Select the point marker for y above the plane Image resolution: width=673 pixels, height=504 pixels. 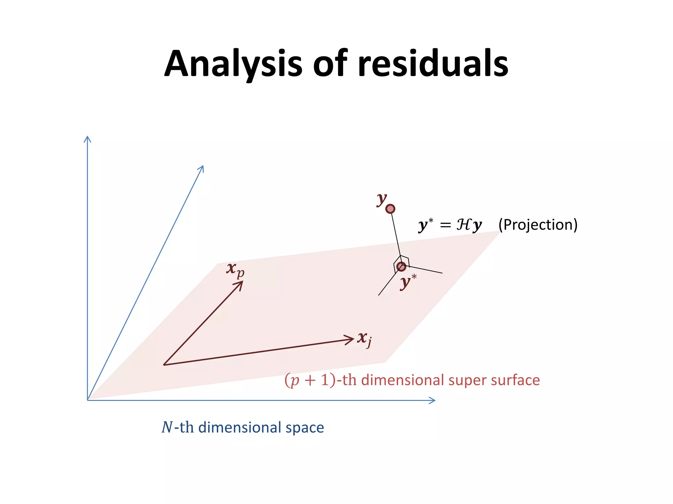(390, 209)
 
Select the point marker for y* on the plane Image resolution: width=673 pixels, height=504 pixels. (401, 266)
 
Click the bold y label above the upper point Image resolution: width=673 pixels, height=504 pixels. (382, 199)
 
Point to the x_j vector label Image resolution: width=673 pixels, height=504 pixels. (364, 339)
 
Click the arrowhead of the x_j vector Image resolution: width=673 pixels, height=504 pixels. (351, 339)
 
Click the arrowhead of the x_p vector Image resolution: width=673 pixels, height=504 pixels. (240, 284)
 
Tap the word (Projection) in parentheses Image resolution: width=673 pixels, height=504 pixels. (538, 225)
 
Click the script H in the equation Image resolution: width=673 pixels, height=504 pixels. (464, 225)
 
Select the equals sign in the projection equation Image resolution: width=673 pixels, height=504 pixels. (445, 225)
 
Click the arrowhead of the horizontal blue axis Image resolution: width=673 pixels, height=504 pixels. (433, 400)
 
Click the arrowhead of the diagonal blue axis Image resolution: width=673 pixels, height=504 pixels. (202, 168)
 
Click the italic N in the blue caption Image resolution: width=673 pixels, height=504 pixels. (167, 428)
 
